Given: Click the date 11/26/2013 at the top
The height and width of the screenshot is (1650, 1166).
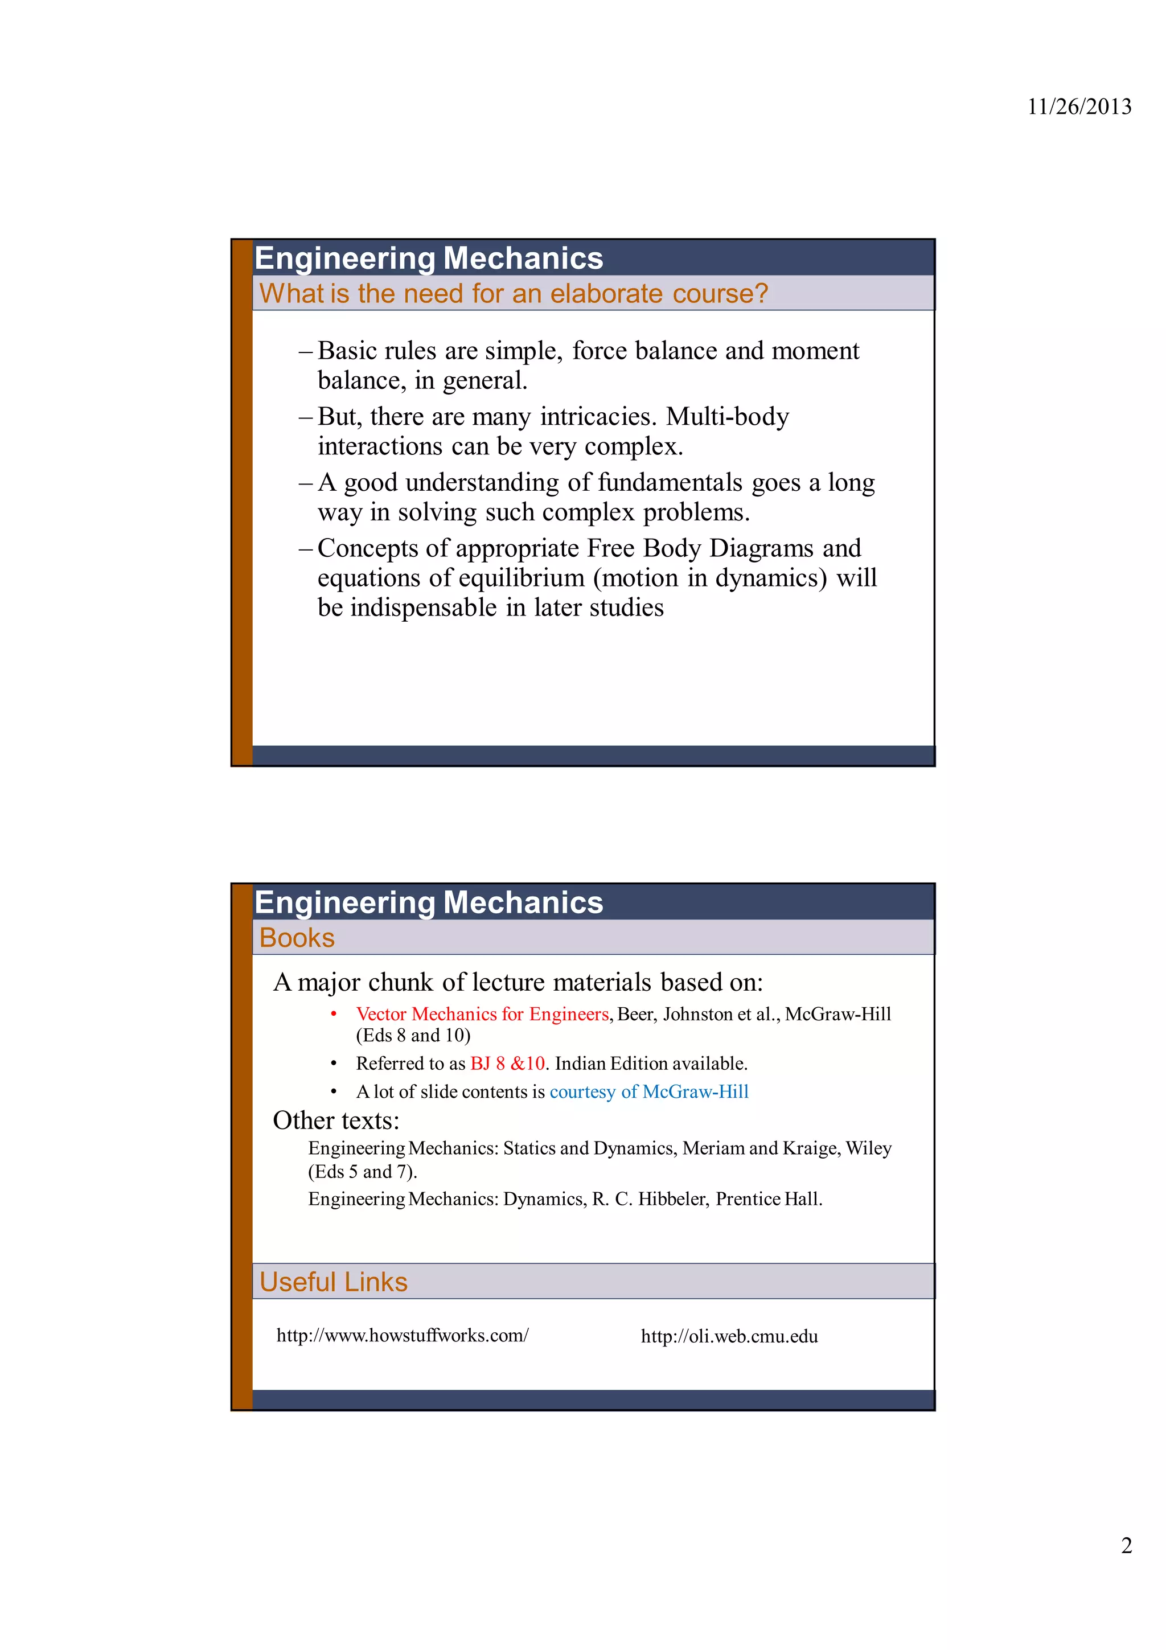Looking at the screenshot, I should pyautogui.click(x=1078, y=107).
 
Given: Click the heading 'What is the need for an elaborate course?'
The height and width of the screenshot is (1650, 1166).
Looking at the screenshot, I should pyautogui.click(x=513, y=293).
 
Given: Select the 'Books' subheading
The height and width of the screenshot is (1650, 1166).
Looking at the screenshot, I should pyautogui.click(x=297, y=938).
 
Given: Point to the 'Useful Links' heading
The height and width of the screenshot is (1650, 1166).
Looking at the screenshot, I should pyautogui.click(x=334, y=1282).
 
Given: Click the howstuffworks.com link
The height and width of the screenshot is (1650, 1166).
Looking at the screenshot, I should pyautogui.click(x=403, y=1335).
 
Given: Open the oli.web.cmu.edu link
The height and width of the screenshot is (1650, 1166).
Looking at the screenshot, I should pyautogui.click(x=729, y=1336).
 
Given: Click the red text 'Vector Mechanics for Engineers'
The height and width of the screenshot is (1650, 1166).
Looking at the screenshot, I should pyautogui.click(x=482, y=1014).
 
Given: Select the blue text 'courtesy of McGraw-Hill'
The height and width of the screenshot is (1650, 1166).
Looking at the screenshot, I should pyautogui.click(x=648, y=1091).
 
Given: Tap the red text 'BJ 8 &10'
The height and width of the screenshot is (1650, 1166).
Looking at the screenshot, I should pyautogui.click(x=507, y=1064).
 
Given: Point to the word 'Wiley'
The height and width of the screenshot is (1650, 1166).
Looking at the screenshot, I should pyautogui.click(x=869, y=1148).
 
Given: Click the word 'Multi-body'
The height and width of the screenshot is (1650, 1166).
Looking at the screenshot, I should pyautogui.click(x=727, y=417).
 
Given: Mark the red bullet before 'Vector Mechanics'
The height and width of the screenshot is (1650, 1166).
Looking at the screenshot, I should pyautogui.click(x=334, y=1014).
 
